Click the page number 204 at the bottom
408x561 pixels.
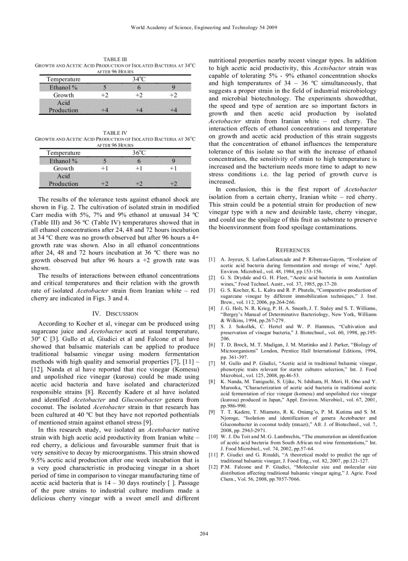[203, 534]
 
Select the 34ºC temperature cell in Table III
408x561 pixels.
[139, 79]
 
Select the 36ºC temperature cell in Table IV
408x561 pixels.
[139, 153]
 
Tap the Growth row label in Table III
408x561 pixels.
[63, 95]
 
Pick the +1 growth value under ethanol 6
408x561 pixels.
[139, 168]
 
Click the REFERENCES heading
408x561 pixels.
[292, 250]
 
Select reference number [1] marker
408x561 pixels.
[212, 259]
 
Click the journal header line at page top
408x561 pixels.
[203, 27]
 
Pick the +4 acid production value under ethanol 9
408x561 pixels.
[173, 110]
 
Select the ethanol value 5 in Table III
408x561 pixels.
[105, 87]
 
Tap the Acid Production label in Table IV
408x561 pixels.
[63, 180]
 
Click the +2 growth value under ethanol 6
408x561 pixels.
[139, 95]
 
